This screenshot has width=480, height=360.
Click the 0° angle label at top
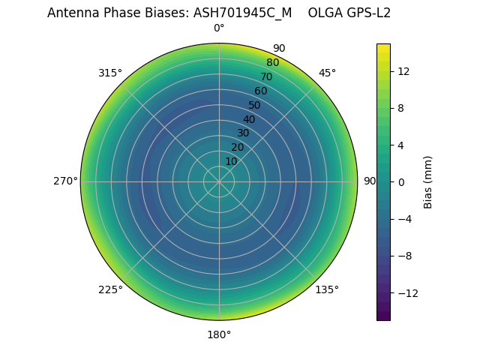pos(219,28)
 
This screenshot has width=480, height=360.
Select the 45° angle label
pos(327,73)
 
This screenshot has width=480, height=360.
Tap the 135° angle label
pos(327,289)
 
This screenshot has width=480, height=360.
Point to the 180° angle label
pos(219,334)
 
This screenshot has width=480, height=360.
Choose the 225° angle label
pos(110,289)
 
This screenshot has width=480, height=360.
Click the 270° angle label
pos(65,181)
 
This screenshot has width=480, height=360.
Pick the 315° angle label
pos(110,73)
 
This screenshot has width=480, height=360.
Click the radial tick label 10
pos(231,161)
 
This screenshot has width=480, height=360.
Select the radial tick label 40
pos(249,119)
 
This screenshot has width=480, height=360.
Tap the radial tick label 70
pos(266,76)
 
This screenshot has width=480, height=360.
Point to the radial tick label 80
pos(272,62)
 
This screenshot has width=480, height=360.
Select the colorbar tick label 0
pos(400,181)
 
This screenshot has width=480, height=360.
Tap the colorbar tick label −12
pos(405,292)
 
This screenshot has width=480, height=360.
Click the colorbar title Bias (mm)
pos(428,181)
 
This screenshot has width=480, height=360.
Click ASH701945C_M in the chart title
pos(239,13)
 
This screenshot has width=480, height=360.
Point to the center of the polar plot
pos(219,181)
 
